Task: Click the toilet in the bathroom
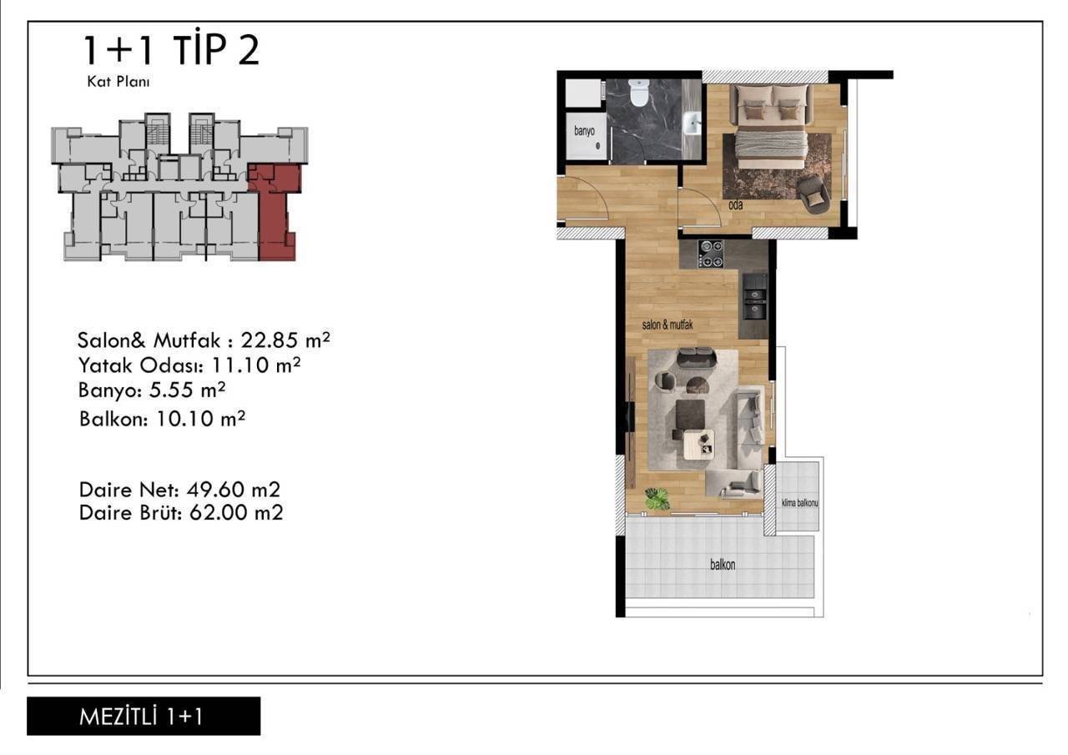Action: pyautogui.click(x=638, y=93)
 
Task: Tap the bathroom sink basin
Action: pyautogui.click(x=692, y=124)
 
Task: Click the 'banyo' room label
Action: pyautogui.click(x=584, y=131)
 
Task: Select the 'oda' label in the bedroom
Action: pyautogui.click(x=735, y=205)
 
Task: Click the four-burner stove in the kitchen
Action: pyautogui.click(x=710, y=253)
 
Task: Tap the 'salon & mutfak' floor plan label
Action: pyautogui.click(x=667, y=325)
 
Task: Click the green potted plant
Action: pyautogui.click(x=657, y=499)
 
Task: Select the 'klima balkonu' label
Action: pyautogui.click(x=799, y=503)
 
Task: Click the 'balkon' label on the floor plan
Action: pyautogui.click(x=723, y=565)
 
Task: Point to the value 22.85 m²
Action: pyautogui.click(x=285, y=340)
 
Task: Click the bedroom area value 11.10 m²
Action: pyautogui.click(x=255, y=365)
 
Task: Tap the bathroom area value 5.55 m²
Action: pyautogui.click(x=187, y=390)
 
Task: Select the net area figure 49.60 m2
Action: pyautogui.click(x=234, y=490)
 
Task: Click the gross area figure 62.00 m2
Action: pyautogui.click(x=236, y=513)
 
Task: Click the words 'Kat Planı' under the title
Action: pyautogui.click(x=118, y=82)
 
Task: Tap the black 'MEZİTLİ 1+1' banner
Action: pyautogui.click(x=144, y=717)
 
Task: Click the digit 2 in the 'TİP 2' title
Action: pyautogui.click(x=248, y=50)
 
